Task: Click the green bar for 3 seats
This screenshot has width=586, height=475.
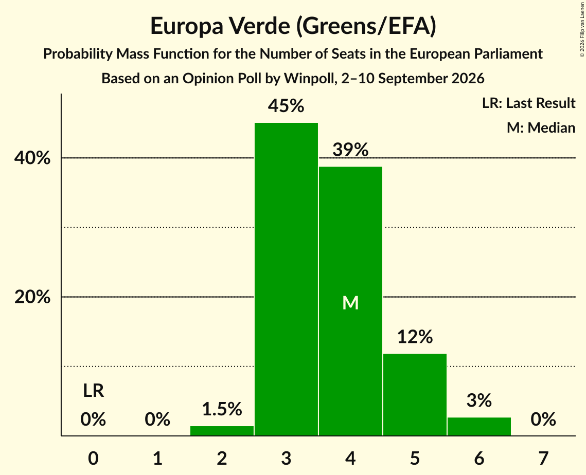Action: [286, 279]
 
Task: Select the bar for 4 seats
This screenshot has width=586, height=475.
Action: [350, 301]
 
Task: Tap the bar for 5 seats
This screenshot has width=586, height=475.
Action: [415, 394]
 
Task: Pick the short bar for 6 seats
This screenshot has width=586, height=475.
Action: [479, 427]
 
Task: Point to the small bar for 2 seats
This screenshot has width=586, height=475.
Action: [222, 431]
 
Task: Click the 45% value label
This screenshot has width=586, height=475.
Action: [286, 106]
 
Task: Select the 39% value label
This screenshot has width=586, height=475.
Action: [350, 150]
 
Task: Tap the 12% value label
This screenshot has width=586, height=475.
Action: [415, 337]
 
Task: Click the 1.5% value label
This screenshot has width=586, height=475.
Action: [222, 409]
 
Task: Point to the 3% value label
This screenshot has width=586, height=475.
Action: [479, 400]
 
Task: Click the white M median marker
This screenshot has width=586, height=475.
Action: [350, 303]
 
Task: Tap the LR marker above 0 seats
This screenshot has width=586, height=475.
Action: [94, 391]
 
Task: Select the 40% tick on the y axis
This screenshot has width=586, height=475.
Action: [32, 158]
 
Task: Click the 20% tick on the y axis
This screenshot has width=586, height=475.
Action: [32, 297]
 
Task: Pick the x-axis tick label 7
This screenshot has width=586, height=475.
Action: [543, 458]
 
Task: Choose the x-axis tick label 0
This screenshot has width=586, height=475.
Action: [94, 458]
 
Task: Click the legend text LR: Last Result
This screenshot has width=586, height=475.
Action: [529, 103]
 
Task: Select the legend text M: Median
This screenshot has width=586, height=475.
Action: [541, 127]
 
